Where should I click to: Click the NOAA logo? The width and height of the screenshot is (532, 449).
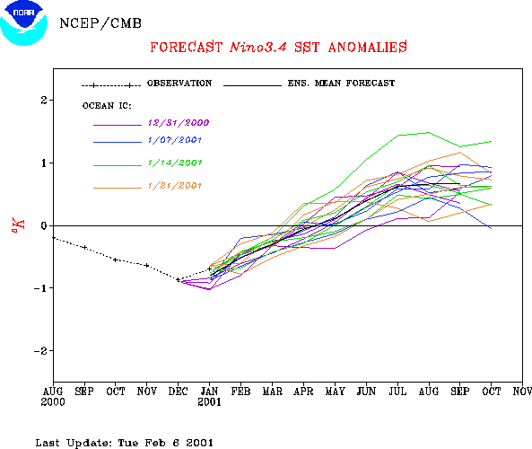23,22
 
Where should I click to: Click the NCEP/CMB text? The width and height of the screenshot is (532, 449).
100,23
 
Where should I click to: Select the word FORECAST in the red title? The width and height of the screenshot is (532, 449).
186,47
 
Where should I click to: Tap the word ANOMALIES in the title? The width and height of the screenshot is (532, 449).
368,47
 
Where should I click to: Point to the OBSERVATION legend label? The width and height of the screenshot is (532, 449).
179,84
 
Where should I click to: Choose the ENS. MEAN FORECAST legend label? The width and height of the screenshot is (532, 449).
341,84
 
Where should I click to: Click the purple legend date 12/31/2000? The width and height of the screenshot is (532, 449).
179,123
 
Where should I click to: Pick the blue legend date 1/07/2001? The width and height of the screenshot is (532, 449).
175,140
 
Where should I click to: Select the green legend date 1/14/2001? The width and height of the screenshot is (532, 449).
175,163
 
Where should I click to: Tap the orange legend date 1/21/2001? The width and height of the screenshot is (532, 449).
175,186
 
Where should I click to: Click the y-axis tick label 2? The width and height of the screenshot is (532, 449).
44,101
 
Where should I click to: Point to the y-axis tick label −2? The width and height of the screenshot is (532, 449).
40,351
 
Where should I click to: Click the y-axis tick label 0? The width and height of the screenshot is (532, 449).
44,225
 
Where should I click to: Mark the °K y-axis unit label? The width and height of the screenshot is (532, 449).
18,225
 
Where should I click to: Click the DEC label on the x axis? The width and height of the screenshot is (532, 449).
179,392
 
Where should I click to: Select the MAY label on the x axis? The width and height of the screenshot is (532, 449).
335,392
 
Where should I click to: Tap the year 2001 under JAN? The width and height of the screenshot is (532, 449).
209,402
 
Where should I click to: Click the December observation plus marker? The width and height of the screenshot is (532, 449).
179,279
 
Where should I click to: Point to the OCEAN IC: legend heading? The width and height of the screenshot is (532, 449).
107,106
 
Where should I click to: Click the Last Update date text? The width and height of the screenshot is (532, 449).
125,443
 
